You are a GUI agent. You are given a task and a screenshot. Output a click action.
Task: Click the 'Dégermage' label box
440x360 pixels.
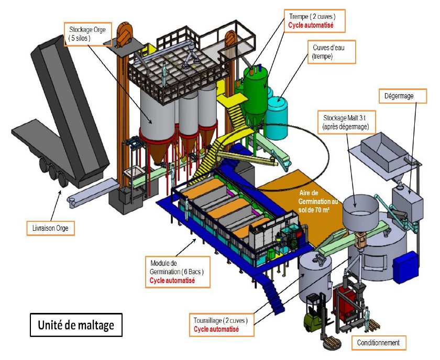(398, 95)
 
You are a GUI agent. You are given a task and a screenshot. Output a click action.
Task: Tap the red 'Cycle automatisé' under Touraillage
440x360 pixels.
(216, 329)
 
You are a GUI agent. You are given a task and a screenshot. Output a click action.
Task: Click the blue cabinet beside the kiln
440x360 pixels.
(409, 267)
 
